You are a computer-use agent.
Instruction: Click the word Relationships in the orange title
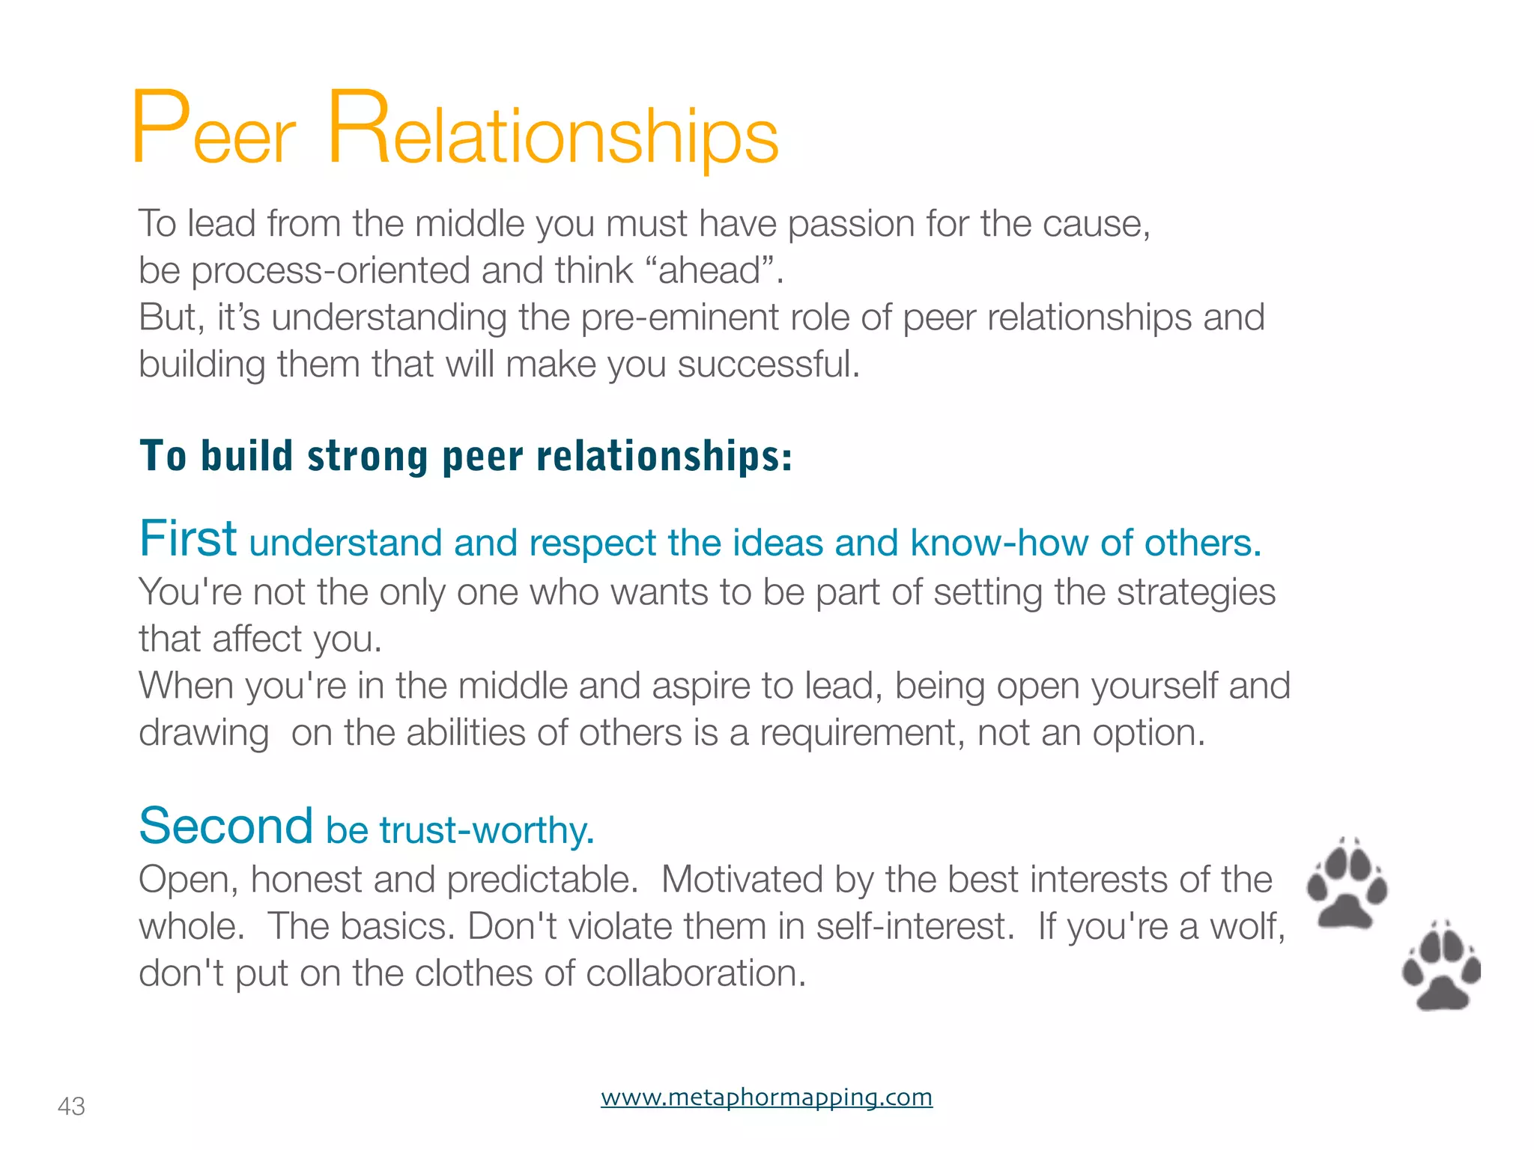pos(553,129)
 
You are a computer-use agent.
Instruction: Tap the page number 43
pos(71,1106)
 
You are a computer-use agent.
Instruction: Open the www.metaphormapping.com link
pos(766,1097)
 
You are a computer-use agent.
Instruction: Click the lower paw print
pos(1441,967)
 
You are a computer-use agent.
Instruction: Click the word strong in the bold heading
pos(368,456)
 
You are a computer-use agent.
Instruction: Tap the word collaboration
pos(695,973)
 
